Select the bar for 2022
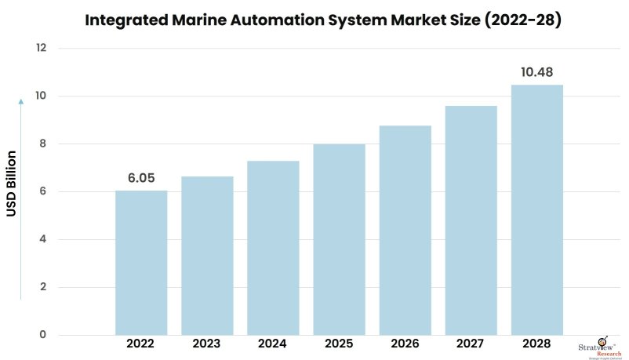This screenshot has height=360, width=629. point(141,263)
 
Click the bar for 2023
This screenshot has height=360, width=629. point(207,256)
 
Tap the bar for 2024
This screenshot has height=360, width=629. point(273,248)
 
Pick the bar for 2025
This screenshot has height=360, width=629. point(339,239)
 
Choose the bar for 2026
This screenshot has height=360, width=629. point(405,231)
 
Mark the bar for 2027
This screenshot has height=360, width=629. point(471,220)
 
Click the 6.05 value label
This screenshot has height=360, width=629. point(141,178)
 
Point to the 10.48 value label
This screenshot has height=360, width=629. point(536,72)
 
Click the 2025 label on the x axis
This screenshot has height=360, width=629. point(339,344)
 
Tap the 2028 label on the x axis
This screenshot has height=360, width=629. point(536,344)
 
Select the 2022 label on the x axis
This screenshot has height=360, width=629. point(141,344)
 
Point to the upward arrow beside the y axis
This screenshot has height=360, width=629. point(21,196)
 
